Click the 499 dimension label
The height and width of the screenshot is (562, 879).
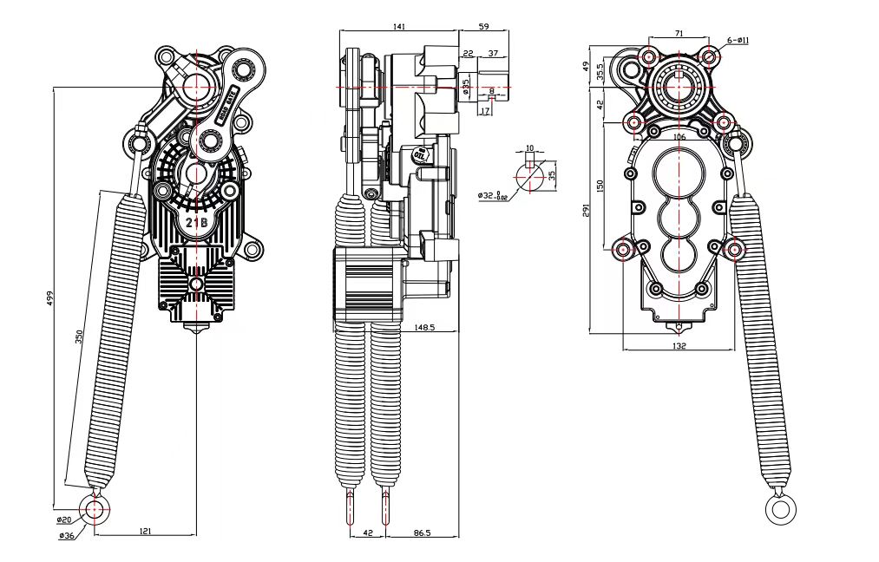tap(49, 299)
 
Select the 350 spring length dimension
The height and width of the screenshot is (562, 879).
tap(79, 338)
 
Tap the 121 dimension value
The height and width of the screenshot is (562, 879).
tap(145, 530)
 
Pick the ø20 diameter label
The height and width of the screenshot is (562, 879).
tap(64, 520)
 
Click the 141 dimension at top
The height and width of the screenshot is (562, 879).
tap(399, 27)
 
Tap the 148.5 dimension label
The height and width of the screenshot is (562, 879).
tap(424, 328)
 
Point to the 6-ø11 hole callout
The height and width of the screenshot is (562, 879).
tap(738, 40)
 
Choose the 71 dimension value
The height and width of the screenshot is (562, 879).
tap(679, 33)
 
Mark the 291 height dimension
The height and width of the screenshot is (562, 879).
tap(587, 211)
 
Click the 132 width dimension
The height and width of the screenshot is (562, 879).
tap(679, 346)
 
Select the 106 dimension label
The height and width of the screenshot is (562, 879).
tap(679, 137)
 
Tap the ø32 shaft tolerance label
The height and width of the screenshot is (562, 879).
tap(491, 196)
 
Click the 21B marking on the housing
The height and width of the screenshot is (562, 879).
tap(197, 223)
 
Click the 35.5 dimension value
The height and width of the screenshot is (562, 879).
tap(600, 71)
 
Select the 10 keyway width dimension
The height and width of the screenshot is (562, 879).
tap(530, 148)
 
